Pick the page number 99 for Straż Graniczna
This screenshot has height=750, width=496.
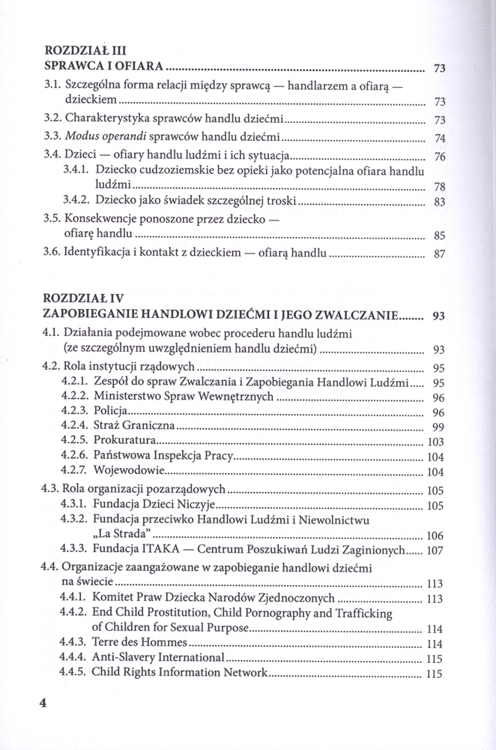pyautogui.click(x=439, y=427)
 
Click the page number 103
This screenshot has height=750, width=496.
pyautogui.click(x=436, y=442)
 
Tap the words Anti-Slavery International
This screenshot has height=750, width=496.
pyautogui.click(x=158, y=658)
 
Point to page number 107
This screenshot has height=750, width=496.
pyautogui.click(x=436, y=550)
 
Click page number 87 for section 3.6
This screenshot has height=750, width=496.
pyautogui.click(x=440, y=254)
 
